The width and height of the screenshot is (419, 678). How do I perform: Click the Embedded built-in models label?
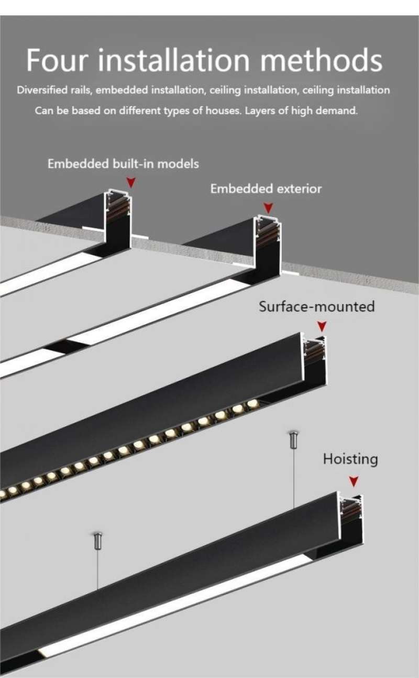coord(123,164)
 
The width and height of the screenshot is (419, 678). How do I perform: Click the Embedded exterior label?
coord(266,189)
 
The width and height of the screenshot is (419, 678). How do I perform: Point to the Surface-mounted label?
coord(316,306)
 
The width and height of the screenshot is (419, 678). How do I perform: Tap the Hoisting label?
coord(350,459)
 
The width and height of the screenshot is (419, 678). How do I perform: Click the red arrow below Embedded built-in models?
coord(131,182)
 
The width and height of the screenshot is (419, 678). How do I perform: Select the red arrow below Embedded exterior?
coord(268,208)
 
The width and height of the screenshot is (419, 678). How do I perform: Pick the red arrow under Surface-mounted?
coord(322,327)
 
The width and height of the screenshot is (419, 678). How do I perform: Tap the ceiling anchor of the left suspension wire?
coord(97,540)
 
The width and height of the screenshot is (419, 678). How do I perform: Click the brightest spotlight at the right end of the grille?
coord(252,404)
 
